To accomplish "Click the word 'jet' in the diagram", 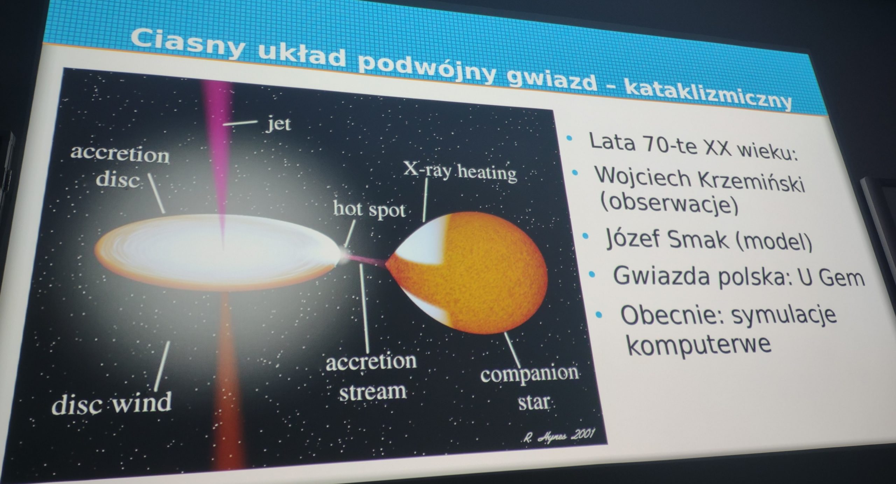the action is tap(278, 124).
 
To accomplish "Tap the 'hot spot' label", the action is tap(369, 209).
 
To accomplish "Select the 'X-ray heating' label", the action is tap(460, 172).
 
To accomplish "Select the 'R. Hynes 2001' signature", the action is tap(559, 435).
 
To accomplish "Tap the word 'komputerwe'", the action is tap(699, 345).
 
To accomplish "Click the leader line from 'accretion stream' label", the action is tap(364, 308).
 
